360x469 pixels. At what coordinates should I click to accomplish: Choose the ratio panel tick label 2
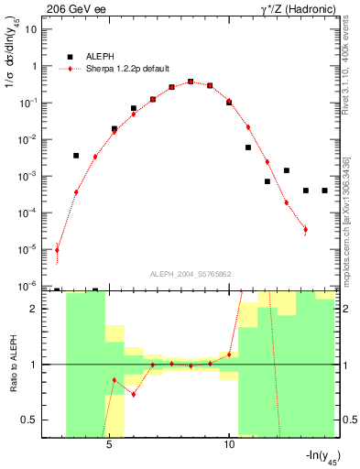click(x=34, y=309)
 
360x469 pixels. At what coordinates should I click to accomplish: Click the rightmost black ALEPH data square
click(x=325, y=191)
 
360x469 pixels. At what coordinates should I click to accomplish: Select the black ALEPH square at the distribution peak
click(x=191, y=82)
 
